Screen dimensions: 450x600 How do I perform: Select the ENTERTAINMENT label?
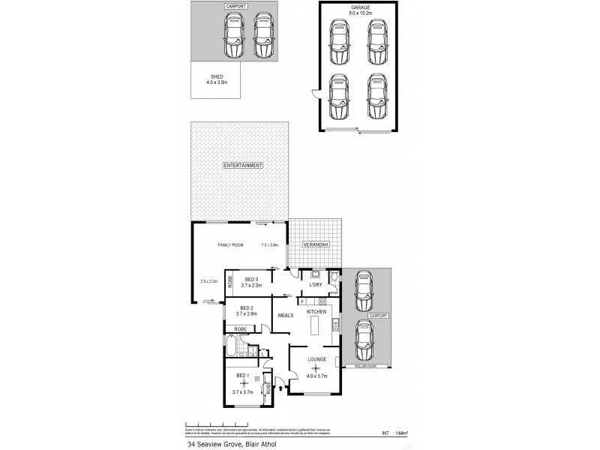(241, 165)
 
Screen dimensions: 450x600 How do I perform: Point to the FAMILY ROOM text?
(230, 245)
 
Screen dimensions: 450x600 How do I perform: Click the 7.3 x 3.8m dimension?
(269, 245)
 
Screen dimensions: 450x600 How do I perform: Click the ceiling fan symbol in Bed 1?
(243, 384)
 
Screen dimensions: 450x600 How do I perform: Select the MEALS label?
(286, 316)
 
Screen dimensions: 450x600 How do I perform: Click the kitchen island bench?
(316, 326)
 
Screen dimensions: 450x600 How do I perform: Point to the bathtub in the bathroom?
(232, 349)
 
